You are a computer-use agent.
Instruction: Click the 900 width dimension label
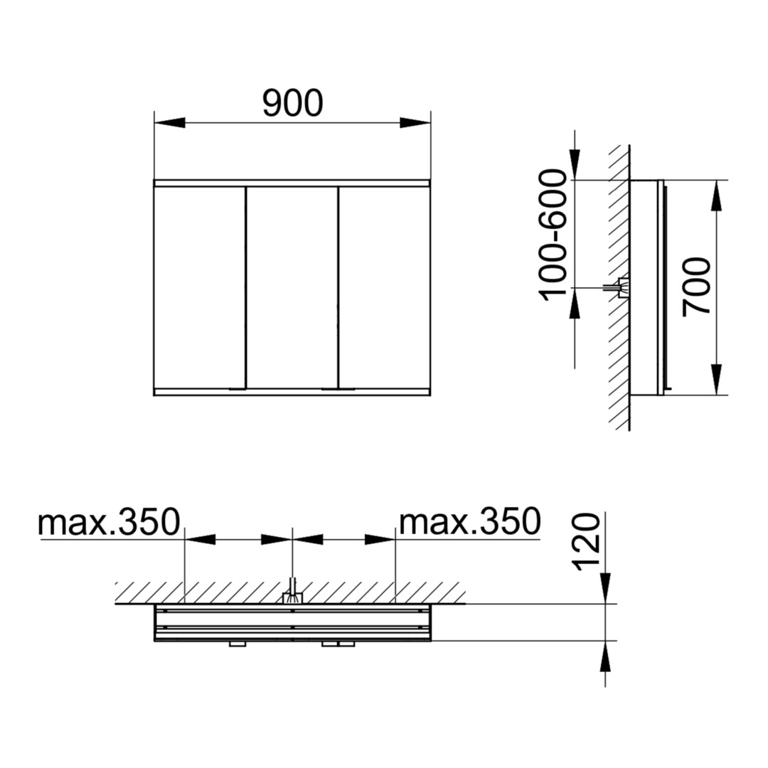[292, 103]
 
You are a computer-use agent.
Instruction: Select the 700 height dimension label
[696, 287]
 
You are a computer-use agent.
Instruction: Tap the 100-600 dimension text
[553, 235]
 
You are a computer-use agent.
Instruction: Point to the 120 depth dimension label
[586, 542]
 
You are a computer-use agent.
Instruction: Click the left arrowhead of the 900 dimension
[170, 123]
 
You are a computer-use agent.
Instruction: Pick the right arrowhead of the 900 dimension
[415, 123]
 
